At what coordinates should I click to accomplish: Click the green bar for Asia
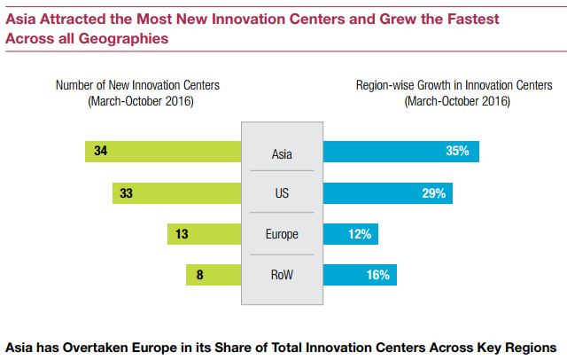(x=164, y=152)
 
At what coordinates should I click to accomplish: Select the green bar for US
(x=177, y=192)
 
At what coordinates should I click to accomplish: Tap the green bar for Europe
(x=205, y=234)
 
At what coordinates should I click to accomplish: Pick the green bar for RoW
(x=214, y=275)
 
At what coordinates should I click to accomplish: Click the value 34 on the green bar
(x=100, y=152)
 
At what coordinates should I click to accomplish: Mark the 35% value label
(x=457, y=152)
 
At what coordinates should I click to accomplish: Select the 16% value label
(x=378, y=275)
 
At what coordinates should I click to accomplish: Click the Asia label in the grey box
(x=282, y=154)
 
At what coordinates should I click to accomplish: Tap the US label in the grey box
(x=282, y=193)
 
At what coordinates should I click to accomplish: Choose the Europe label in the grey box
(x=282, y=235)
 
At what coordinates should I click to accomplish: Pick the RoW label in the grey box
(x=282, y=276)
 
